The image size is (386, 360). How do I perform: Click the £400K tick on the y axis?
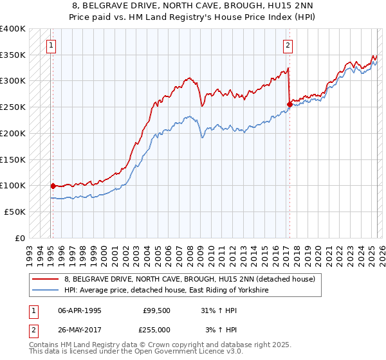coord(13,29)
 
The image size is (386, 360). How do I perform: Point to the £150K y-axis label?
coord(13,159)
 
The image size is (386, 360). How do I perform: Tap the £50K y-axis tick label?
coord(15,211)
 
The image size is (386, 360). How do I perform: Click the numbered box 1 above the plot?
coord(50,45)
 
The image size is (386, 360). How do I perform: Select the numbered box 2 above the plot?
coord(288,45)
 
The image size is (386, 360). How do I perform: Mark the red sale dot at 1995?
coord(53,186)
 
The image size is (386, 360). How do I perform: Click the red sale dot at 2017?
coord(289,105)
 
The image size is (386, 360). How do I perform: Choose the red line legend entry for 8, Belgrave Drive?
coord(189,279)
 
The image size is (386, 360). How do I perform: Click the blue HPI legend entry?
coord(165,291)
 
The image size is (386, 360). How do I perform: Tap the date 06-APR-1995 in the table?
coord(79,310)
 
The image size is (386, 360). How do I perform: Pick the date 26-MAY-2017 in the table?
coord(79,330)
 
